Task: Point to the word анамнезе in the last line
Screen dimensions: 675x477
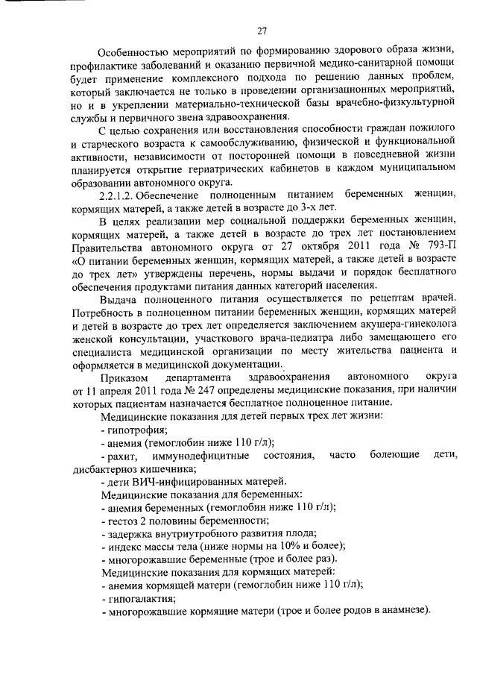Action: tap(403, 611)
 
